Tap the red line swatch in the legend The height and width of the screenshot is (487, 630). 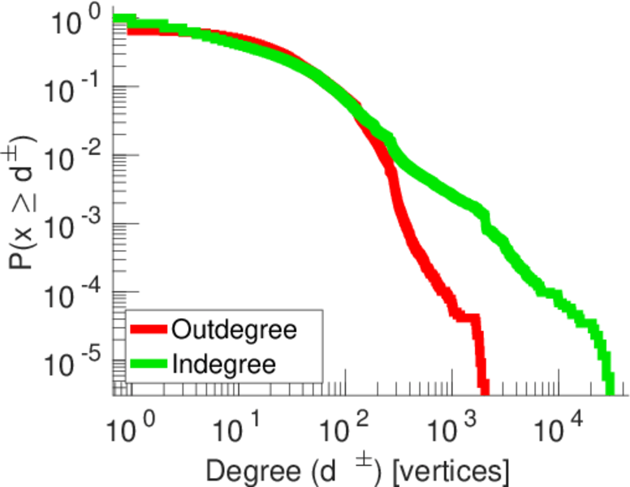pyautogui.click(x=149, y=330)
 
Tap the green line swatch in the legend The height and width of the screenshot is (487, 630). pyautogui.click(x=149, y=363)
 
